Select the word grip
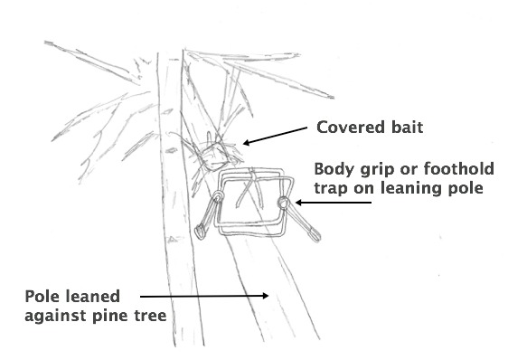point(373,169)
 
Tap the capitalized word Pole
point(42,296)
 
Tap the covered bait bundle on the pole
point(215,156)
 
